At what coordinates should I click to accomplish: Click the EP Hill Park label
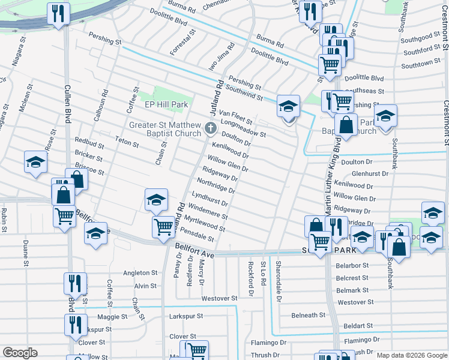click(167, 104)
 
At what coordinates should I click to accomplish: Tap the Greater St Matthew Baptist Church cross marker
click(210, 128)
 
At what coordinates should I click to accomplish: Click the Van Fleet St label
click(235, 114)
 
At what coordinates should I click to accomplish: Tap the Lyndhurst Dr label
click(209, 200)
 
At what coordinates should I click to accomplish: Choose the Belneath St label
click(308, 315)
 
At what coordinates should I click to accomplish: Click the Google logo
click(20, 353)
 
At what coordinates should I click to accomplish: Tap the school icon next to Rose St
click(36, 163)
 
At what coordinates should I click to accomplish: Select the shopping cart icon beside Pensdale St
click(163, 227)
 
